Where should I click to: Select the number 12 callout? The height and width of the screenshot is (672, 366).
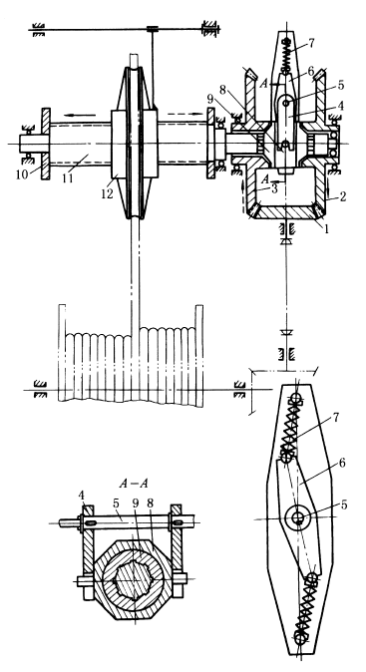(107, 193)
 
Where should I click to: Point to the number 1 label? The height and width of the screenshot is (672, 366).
(326, 230)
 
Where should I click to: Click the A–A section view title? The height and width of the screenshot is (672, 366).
(134, 484)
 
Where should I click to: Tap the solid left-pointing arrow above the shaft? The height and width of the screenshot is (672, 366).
(81, 115)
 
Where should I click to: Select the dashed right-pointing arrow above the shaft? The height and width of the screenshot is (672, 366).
(184, 114)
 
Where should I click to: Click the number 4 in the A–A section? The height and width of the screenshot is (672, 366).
(82, 496)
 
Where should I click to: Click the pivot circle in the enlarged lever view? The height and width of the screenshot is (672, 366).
(297, 518)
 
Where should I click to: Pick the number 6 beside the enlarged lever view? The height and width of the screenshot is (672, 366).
(341, 464)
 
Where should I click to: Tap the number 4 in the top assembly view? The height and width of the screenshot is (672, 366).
(341, 104)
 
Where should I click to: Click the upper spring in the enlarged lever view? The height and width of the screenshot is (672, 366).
(290, 427)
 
